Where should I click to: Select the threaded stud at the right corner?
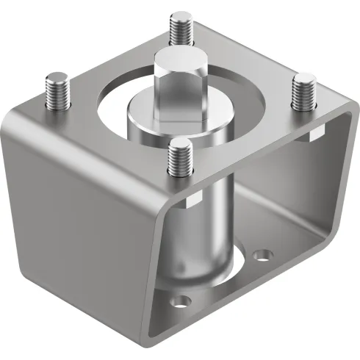click(303, 93)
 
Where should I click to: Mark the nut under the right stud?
click(316, 132)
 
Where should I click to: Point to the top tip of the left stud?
click(56, 76)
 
